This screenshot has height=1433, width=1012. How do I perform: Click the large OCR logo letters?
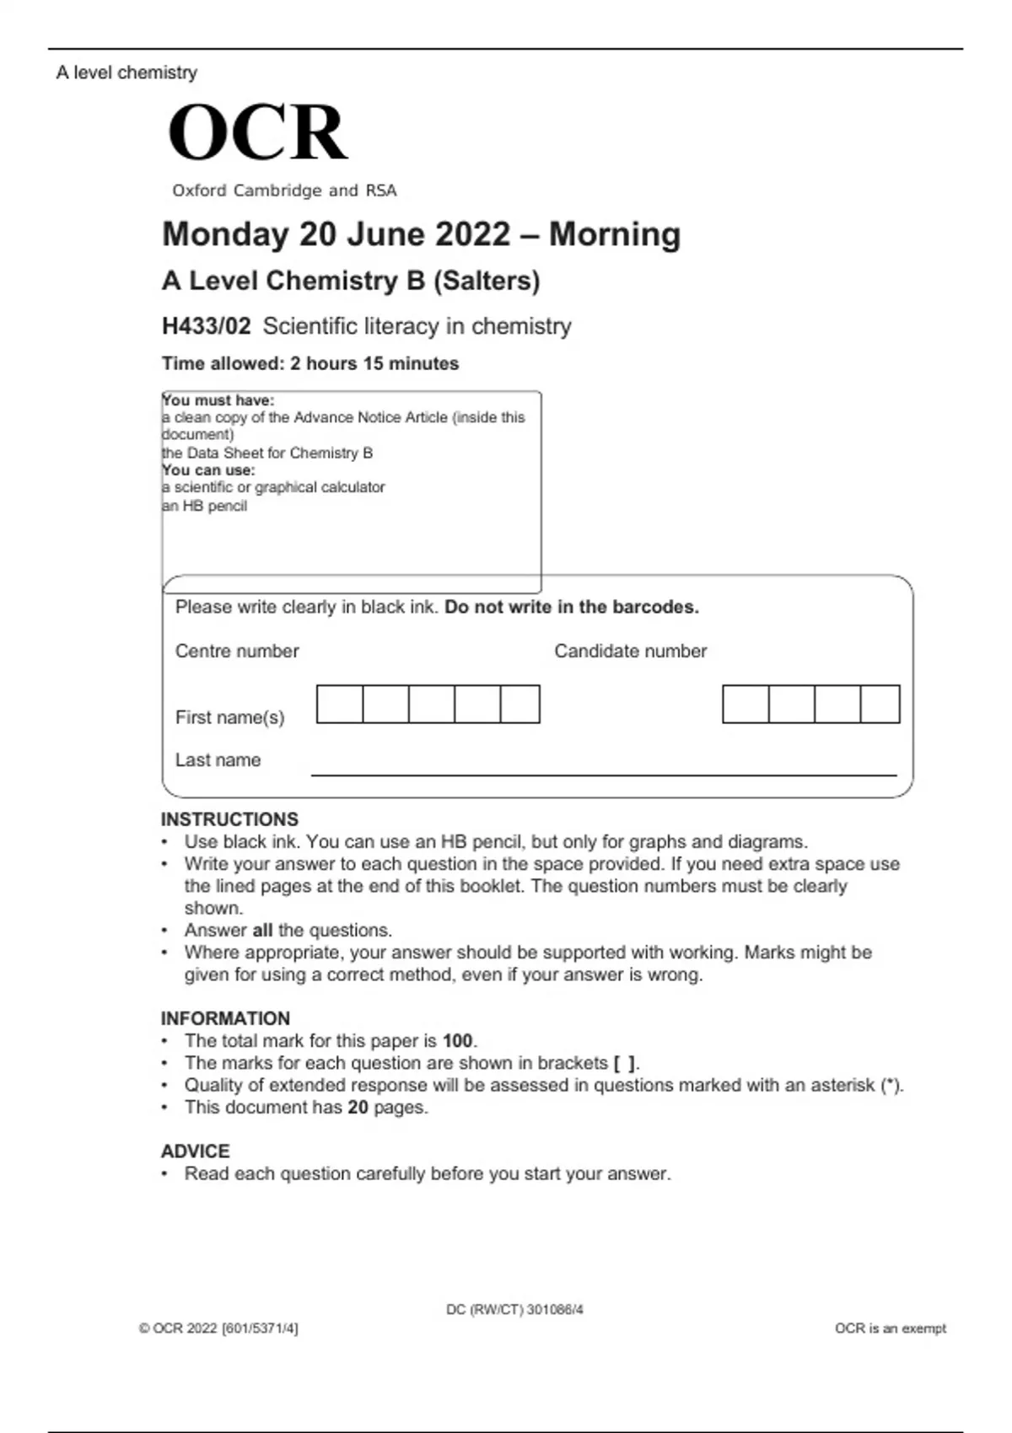(257, 132)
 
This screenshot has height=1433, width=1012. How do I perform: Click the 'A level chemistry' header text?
(126, 72)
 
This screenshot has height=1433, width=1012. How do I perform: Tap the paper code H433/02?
(206, 326)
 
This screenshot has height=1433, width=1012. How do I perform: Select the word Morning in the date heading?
(615, 234)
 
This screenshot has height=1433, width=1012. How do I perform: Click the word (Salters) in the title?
(487, 281)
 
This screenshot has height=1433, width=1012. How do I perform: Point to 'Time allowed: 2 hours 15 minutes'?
(310, 363)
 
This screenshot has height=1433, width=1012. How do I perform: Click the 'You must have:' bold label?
(218, 400)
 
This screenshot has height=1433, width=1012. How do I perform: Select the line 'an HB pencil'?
(205, 506)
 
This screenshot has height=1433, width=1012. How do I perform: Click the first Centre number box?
(340, 704)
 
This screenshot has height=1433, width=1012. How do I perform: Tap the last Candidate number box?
(880, 704)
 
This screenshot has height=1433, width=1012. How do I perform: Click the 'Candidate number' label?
(630, 651)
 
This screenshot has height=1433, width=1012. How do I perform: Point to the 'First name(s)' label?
(229, 717)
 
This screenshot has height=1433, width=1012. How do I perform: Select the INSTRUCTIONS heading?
(229, 819)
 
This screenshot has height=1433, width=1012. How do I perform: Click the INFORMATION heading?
(225, 1018)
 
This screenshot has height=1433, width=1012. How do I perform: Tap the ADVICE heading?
(195, 1151)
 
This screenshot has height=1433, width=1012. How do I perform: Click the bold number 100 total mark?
(458, 1041)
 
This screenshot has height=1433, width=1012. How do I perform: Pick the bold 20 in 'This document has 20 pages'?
(358, 1108)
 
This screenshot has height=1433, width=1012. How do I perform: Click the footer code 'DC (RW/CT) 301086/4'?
(514, 1310)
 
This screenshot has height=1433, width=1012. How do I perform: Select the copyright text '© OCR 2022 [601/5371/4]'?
(218, 1328)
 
